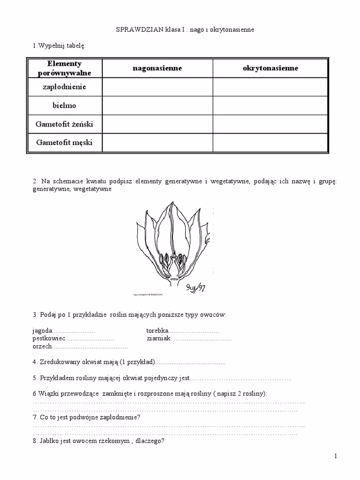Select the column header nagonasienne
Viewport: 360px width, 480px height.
click(157, 68)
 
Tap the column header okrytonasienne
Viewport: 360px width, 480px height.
click(270, 68)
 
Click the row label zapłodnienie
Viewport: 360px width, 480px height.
click(64, 87)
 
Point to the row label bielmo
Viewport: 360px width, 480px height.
click(64, 106)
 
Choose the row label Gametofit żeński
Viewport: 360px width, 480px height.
click(64, 124)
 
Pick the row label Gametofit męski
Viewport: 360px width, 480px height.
click(64, 142)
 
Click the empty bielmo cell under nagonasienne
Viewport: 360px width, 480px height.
click(157, 106)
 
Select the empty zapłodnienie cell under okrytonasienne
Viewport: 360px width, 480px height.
click(270, 87)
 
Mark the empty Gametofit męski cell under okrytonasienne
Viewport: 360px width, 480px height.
click(270, 142)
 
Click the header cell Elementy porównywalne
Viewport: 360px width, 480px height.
click(64, 68)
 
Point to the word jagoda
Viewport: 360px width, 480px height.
click(42, 330)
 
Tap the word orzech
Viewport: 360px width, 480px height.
click(42, 346)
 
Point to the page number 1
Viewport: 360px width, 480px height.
click(336, 456)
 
